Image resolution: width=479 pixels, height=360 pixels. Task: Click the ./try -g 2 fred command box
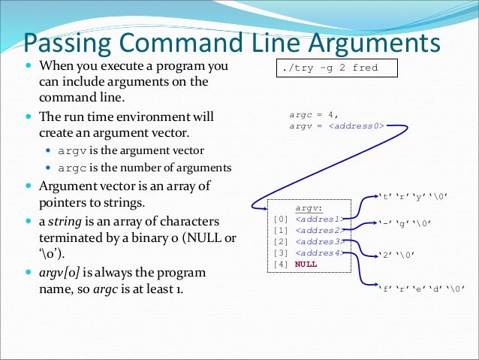[334, 68]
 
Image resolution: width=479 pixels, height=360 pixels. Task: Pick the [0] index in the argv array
[282, 219]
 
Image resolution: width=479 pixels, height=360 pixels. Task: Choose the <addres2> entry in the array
[318, 230]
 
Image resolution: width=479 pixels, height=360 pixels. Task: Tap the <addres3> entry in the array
[318, 241]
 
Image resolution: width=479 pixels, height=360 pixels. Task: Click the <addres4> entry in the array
[318, 253]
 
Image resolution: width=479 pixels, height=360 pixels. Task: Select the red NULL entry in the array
[306, 264]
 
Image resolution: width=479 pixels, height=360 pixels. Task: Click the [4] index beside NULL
[282, 264]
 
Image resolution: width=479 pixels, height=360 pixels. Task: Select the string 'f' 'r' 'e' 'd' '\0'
[423, 289]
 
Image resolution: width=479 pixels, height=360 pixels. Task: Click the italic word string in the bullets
[66, 222]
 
